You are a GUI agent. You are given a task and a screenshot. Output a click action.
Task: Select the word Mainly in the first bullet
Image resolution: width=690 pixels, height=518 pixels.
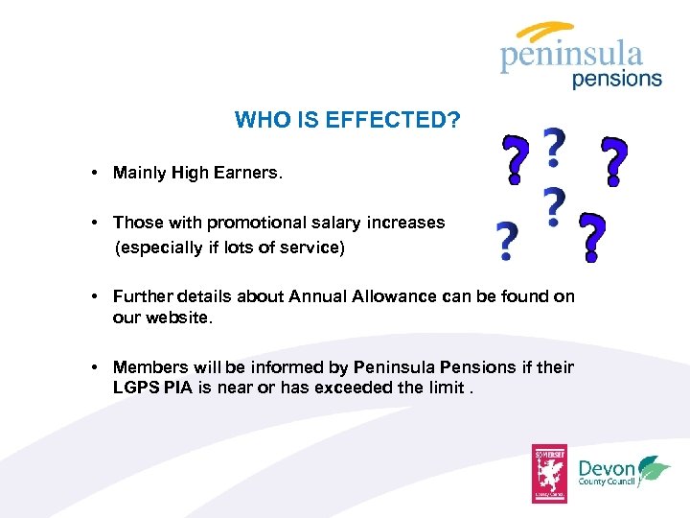[x=140, y=174]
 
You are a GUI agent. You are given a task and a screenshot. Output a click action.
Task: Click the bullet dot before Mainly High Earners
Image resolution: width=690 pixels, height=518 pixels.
[x=98, y=174]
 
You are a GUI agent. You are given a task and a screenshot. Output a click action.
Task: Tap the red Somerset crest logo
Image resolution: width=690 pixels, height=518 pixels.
[x=550, y=474]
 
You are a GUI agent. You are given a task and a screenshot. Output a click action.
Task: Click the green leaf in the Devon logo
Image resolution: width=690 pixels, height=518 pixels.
[x=655, y=467]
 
